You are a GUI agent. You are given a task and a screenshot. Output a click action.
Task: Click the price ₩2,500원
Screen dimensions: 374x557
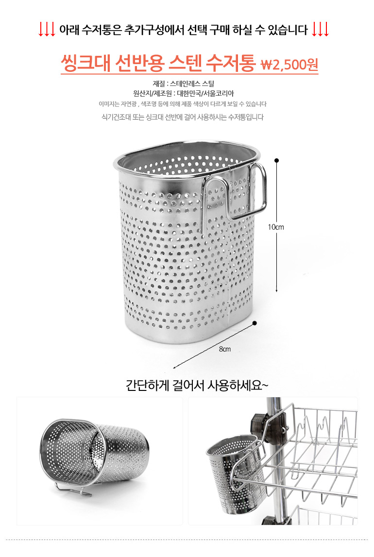pos(289,65)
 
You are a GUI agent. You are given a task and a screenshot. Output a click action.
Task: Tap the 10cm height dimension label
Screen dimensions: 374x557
pos(276,227)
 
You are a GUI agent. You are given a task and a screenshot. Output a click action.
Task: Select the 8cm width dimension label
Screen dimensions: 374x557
pos(225,349)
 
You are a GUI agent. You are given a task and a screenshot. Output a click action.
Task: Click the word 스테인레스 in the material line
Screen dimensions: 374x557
pos(185,84)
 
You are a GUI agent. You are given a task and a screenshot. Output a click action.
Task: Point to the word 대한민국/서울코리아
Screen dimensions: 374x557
pos(205,93)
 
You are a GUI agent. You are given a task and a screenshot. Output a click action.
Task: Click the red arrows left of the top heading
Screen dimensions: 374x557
pos(47,30)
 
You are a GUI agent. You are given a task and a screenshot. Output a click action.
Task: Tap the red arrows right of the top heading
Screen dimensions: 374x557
pos(321,30)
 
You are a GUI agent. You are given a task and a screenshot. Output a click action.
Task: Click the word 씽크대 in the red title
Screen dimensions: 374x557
pos(85,63)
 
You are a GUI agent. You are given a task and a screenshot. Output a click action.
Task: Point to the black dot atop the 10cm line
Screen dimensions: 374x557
pos(277,161)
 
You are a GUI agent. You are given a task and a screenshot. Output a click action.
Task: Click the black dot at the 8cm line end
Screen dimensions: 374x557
pos(255,323)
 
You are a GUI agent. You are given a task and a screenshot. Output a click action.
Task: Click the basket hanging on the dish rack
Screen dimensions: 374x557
pos(235,473)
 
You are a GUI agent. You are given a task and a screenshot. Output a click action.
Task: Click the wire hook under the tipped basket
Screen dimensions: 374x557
pos(73,489)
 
